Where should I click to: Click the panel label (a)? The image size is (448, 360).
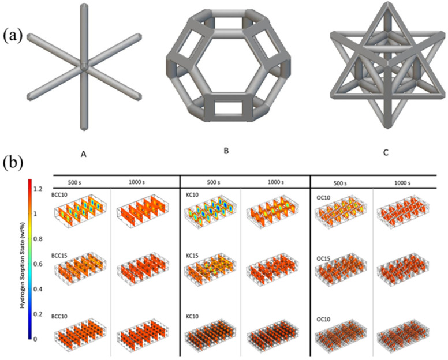(x=13, y=36)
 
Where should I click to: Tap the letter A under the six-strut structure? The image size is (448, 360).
(x=84, y=155)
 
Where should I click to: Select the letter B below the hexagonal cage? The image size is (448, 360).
(x=226, y=151)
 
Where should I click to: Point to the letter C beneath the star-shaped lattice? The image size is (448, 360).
(x=386, y=153)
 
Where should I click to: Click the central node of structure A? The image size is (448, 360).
(x=84, y=66)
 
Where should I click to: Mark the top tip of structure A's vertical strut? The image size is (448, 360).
(x=84, y=4)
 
